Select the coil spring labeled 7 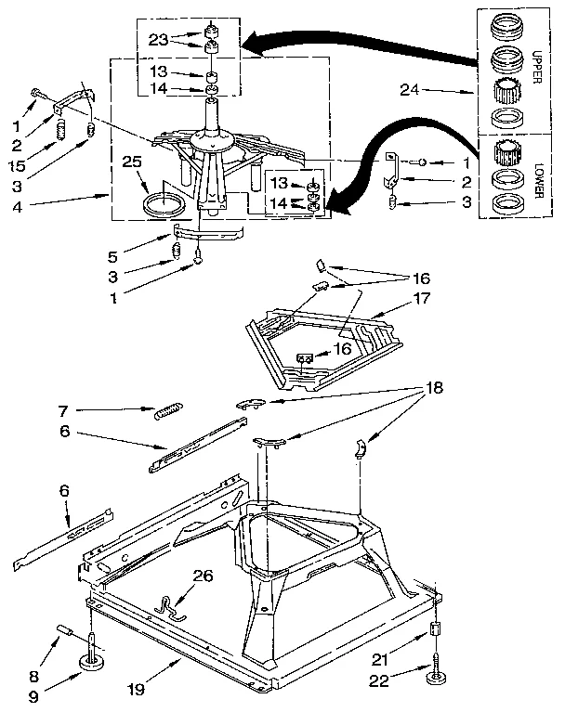(x=167, y=408)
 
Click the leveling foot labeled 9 (x=93, y=662)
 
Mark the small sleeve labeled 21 (x=433, y=633)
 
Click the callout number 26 (x=202, y=576)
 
